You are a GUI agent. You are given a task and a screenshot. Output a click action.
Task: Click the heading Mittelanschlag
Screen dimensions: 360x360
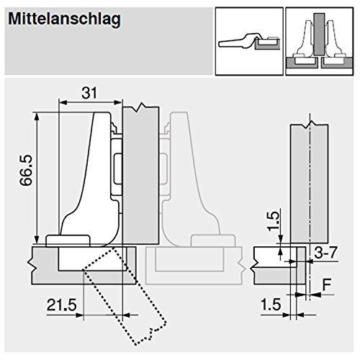click(64, 19)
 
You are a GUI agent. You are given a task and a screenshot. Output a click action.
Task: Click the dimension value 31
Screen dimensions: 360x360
click(89, 93)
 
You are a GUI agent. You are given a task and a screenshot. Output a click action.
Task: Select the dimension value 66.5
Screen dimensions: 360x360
click(26, 171)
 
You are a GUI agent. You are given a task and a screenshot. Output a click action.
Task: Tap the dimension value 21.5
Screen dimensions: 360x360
click(62, 305)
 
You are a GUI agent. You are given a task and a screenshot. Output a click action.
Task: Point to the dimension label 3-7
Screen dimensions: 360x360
click(325, 253)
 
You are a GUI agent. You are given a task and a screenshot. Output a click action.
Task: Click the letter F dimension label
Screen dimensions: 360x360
click(327, 284)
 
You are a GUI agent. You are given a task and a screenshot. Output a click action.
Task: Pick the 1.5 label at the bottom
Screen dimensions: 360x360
click(271, 305)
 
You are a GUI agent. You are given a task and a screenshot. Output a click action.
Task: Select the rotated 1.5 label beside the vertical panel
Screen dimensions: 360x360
click(274, 221)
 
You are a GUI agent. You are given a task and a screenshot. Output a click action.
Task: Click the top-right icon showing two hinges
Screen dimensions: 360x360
click(320, 42)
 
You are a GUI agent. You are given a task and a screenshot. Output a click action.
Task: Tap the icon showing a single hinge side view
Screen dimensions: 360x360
click(249, 42)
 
